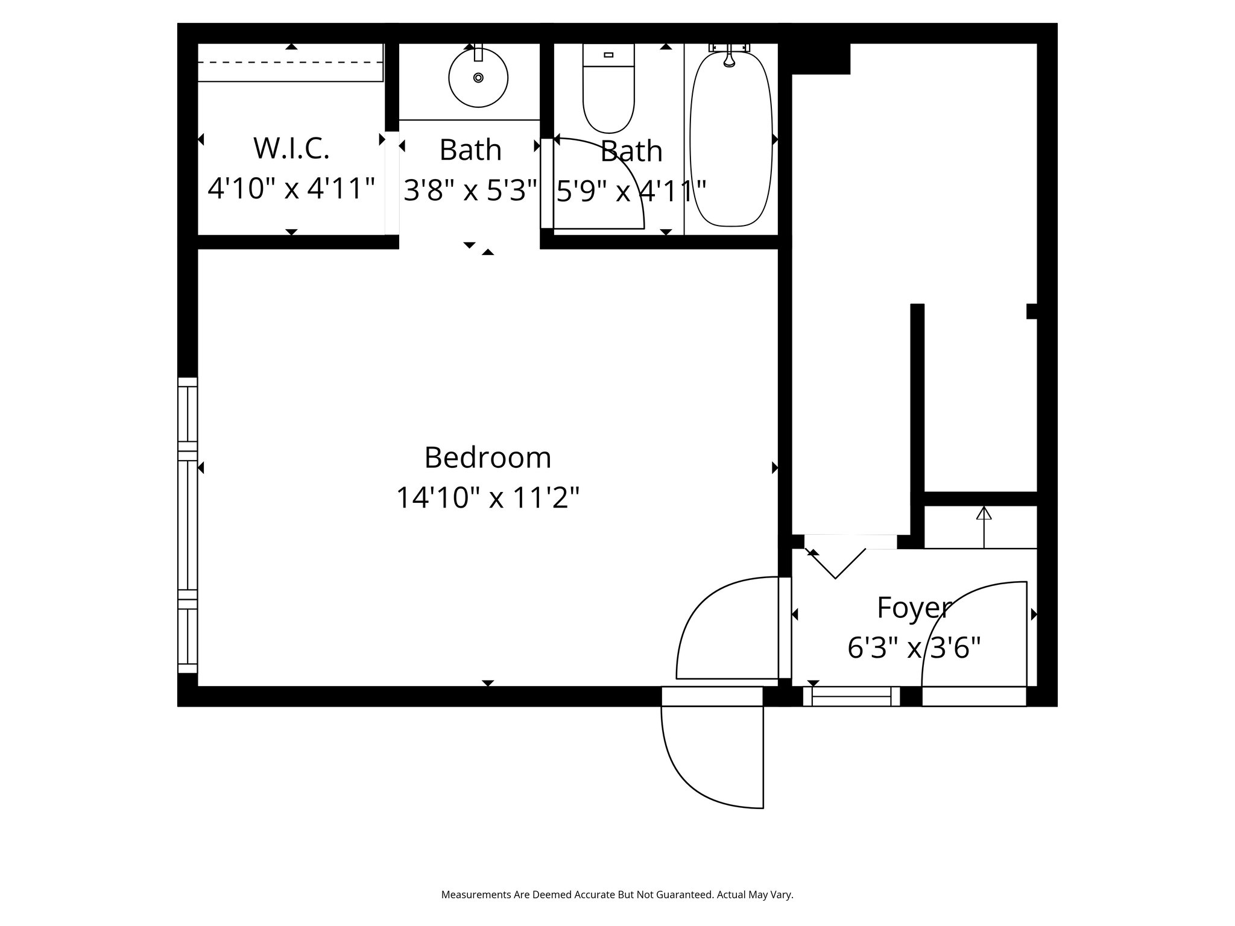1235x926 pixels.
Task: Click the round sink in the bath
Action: (x=478, y=78)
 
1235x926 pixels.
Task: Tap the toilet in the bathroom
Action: (x=608, y=88)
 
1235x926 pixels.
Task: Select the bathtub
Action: (x=731, y=139)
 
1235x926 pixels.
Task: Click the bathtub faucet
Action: (x=729, y=55)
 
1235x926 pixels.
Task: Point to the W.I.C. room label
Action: (x=291, y=148)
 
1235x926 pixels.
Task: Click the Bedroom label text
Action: (x=488, y=458)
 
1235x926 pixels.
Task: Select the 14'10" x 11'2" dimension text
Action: (x=488, y=498)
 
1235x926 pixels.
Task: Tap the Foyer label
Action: (x=914, y=608)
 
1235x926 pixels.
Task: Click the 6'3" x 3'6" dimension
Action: (x=914, y=648)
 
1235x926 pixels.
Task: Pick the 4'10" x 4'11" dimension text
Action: (x=291, y=188)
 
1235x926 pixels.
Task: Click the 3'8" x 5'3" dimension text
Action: (x=470, y=190)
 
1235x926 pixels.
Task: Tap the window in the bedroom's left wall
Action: (x=188, y=525)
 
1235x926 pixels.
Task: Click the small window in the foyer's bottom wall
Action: (x=851, y=697)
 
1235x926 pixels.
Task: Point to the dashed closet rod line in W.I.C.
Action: (x=291, y=62)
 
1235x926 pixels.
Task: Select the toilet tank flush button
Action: (x=608, y=55)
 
